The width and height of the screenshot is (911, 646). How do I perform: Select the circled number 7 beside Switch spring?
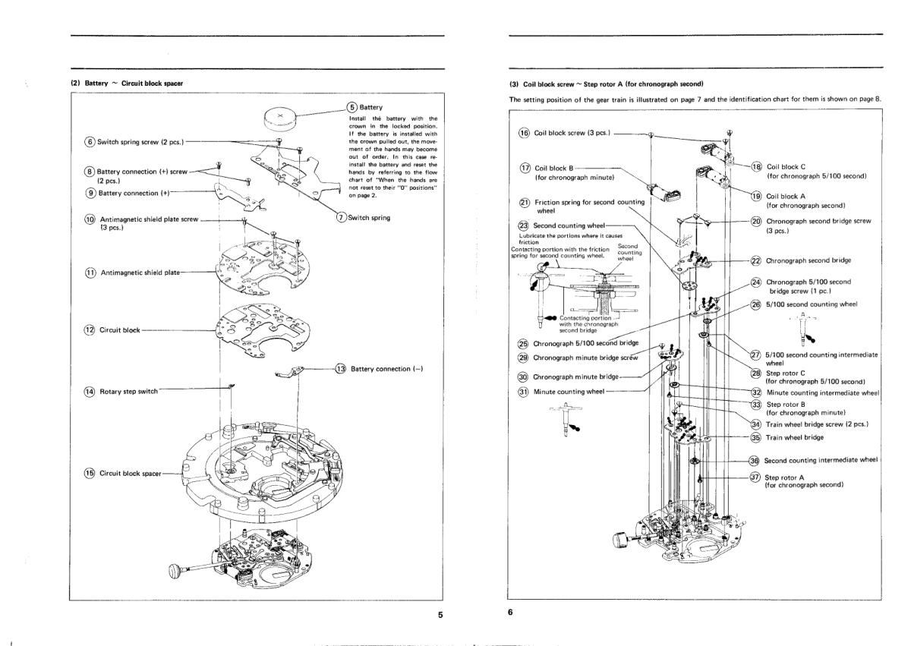[342, 219]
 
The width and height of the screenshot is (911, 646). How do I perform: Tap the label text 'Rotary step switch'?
[130, 391]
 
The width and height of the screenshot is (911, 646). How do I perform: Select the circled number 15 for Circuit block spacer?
[89, 474]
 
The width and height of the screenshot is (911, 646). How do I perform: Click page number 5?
[440, 615]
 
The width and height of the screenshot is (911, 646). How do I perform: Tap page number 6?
[511, 615]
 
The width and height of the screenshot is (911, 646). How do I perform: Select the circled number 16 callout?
[523, 133]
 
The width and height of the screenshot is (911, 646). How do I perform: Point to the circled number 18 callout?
[755, 166]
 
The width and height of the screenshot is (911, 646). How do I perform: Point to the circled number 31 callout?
[522, 392]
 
